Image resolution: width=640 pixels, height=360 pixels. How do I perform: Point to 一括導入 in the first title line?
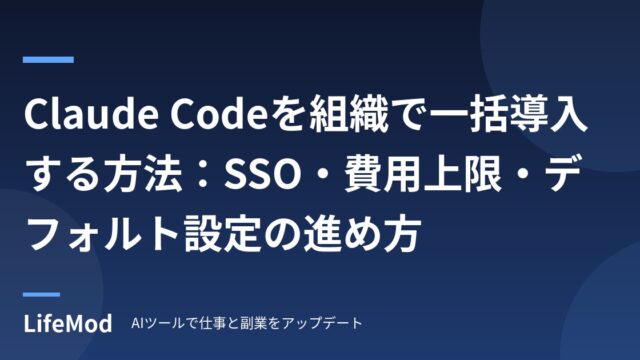point(509,114)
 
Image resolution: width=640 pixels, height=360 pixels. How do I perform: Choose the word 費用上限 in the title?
point(423,175)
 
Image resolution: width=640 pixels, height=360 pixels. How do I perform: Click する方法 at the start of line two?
point(104,175)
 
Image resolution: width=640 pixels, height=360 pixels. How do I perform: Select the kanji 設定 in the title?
point(223,236)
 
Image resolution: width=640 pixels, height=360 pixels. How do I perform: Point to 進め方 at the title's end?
point(362,236)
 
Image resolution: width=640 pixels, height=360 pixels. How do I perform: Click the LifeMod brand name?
point(68,323)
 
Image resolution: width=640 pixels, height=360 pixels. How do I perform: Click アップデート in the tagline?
point(322,323)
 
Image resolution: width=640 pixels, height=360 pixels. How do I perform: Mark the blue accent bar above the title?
point(48,60)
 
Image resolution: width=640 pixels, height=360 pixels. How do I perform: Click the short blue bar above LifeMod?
point(41,294)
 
